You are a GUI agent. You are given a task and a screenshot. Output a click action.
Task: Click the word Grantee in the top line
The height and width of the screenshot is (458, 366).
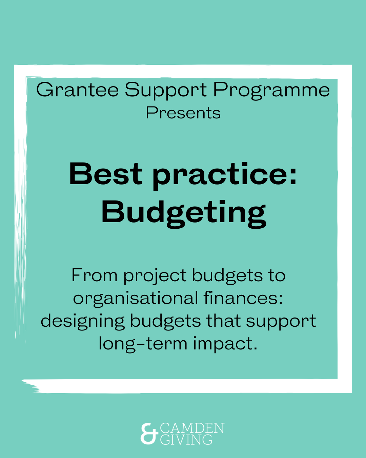(x=77, y=90)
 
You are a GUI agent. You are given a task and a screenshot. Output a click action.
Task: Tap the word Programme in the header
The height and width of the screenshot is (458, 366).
(x=271, y=91)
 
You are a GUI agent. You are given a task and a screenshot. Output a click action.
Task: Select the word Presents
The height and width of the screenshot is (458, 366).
(x=183, y=113)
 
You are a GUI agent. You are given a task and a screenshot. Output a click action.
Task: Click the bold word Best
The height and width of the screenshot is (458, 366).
(x=106, y=174)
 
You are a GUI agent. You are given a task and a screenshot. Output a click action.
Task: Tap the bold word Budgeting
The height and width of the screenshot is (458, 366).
(x=184, y=214)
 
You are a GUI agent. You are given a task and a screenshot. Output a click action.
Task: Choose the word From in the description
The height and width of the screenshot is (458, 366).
(x=95, y=275)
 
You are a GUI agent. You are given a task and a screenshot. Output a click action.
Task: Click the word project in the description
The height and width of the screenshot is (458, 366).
(x=155, y=277)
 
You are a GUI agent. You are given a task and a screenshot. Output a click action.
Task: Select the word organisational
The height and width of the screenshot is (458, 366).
(x=136, y=299)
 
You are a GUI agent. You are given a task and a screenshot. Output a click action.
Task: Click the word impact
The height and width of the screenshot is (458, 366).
(x=225, y=344)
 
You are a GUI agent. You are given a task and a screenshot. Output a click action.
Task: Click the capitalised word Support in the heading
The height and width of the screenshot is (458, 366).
(x=166, y=91)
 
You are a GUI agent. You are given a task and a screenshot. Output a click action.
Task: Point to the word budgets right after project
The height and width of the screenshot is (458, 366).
(x=227, y=277)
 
